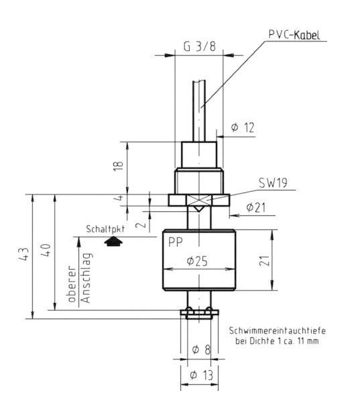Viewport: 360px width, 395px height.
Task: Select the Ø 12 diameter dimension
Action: pos(243,127)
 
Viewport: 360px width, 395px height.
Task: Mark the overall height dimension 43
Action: pos(23,255)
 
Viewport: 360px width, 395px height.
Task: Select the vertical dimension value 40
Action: pos(46,251)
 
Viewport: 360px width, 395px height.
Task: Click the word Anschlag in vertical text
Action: pos(86,282)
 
